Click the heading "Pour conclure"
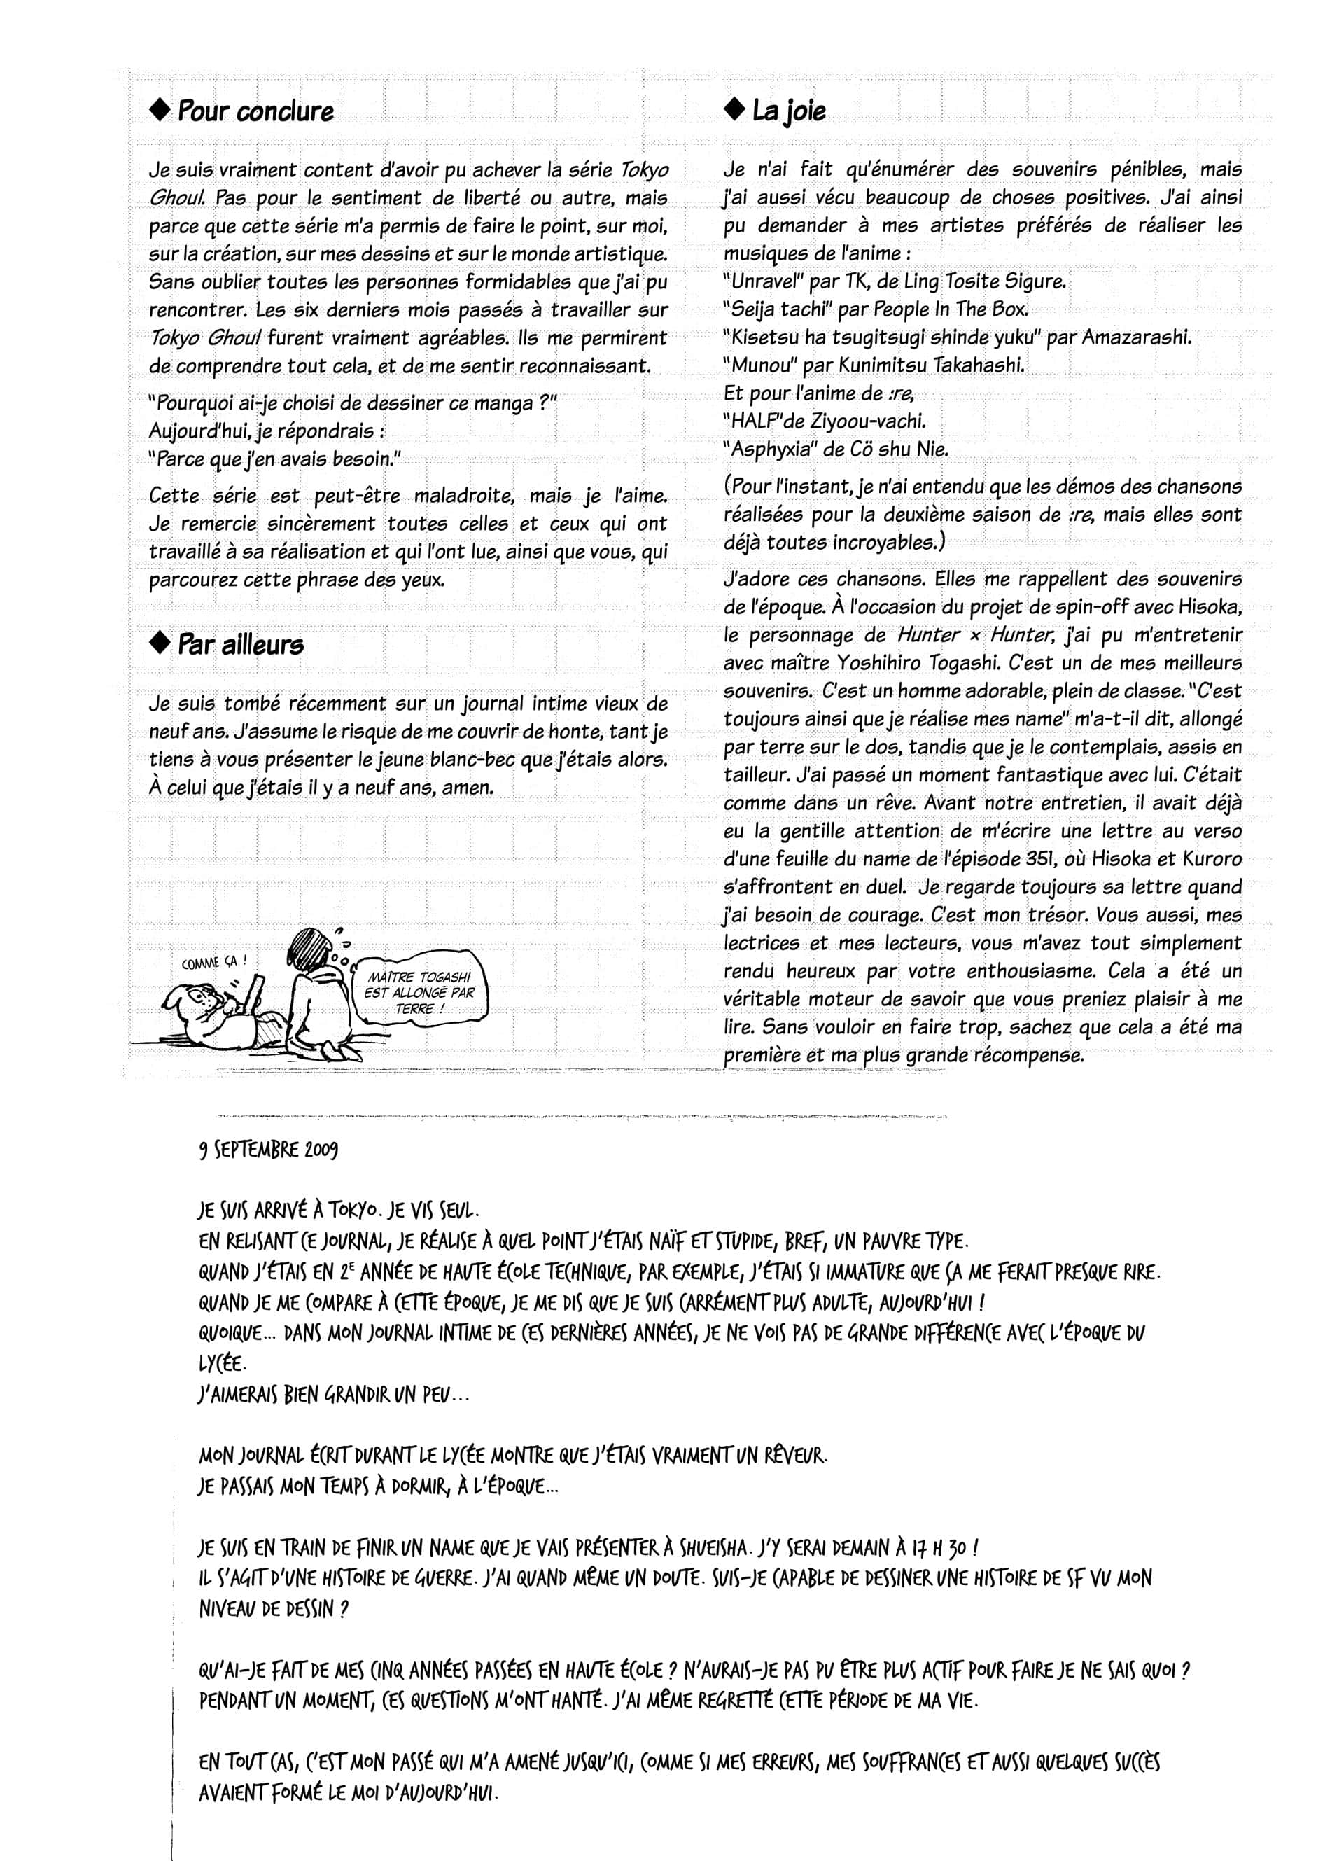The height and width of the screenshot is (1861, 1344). pos(255,111)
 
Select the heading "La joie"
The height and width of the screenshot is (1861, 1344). pos(788,111)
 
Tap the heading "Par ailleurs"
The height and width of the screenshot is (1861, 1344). pos(240,644)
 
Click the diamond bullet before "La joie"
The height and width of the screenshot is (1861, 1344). pos(732,110)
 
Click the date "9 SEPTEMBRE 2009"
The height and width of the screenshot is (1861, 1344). pos(267,1150)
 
